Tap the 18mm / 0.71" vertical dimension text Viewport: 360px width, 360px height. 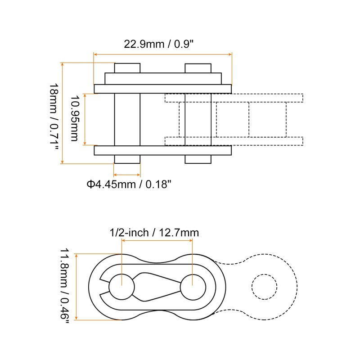(x=53, y=113)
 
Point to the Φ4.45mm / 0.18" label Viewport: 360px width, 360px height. (x=129, y=184)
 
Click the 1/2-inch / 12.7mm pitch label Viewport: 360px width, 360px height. (x=154, y=233)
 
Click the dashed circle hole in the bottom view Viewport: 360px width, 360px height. (x=264, y=286)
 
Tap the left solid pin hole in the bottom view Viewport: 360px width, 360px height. (x=121, y=286)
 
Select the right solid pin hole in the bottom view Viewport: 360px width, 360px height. (x=193, y=286)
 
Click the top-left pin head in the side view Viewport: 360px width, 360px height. (x=127, y=68)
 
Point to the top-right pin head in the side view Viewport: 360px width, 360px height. (x=198, y=68)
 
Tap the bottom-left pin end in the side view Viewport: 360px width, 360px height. (x=127, y=159)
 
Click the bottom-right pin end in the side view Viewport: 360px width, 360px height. (x=198, y=159)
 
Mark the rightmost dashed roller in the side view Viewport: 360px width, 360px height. (x=267, y=119)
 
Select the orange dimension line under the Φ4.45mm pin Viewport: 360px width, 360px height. (x=127, y=175)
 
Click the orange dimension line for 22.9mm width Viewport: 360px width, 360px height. (x=162, y=54)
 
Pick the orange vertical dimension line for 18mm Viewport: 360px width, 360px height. (x=63, y=113)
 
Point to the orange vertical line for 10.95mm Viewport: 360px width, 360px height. (x=85, y=119)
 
